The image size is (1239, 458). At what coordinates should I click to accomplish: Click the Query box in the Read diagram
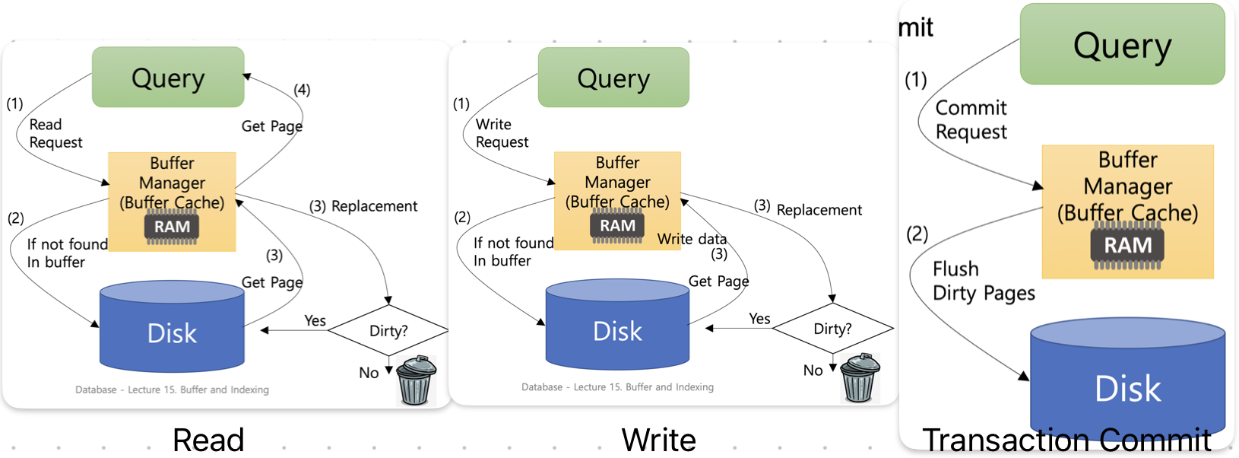(168, 78)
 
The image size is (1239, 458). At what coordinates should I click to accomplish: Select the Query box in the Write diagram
(613, 78)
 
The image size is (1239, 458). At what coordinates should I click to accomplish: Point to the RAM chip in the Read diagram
(173, 227)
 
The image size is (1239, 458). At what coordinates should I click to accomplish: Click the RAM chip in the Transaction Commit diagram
(1127, 246)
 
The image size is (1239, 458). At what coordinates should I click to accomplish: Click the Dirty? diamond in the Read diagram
(388, 331)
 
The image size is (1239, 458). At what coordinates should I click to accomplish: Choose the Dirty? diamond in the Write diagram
(832, 329)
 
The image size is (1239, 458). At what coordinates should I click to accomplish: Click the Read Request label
(55, 133)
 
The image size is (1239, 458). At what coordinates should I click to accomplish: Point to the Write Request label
(502, 133)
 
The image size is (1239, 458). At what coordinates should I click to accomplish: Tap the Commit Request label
(971, 119)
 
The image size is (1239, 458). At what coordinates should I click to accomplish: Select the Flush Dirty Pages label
(983, 281)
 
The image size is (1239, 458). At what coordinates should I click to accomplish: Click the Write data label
(692, 239)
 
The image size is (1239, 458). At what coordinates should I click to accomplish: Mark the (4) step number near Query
(302, 90)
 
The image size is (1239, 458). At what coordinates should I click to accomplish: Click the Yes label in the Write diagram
(759, 319)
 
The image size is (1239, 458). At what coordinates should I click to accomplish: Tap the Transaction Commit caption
(1066, 440)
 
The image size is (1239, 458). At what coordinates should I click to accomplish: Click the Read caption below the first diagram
(208, 440)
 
